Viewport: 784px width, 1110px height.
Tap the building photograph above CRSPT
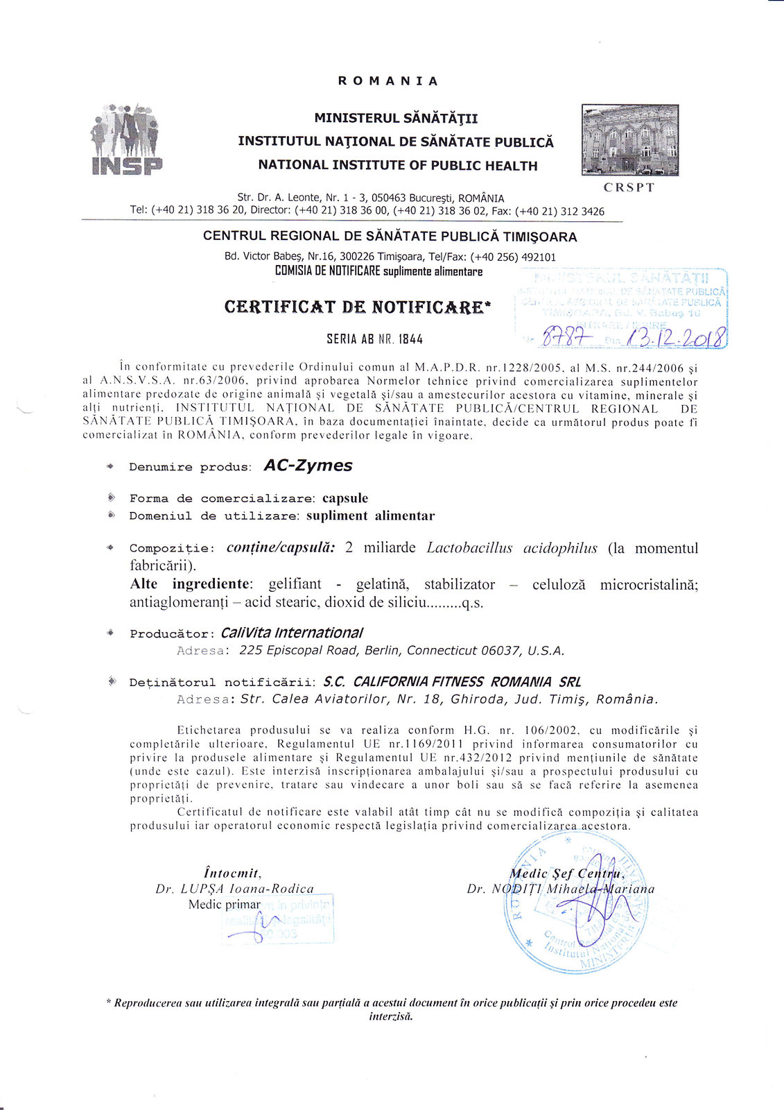[x=630, y=140]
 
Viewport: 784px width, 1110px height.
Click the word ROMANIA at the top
[x=388, y=81]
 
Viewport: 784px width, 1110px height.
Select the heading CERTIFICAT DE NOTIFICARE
[x=358, y=307]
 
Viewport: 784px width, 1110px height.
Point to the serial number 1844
[x=410, y=339]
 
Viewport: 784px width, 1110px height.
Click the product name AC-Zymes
[x=308, y=466]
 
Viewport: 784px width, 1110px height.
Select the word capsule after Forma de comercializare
[x=345, y=498]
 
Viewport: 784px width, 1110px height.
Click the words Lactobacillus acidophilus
[x=512, y=548]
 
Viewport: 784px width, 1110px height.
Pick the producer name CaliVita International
[x=291, y=633]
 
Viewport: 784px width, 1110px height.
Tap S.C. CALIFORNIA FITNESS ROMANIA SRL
[x=452, y=682]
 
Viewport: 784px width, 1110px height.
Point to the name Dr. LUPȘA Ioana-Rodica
[x=234, y=889]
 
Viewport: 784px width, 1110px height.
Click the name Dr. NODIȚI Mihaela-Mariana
[x=561, y=889]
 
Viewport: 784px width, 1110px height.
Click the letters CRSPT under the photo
[x=629, y=187]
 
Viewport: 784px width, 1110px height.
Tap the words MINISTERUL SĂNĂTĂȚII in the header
[x=396, y=119]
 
